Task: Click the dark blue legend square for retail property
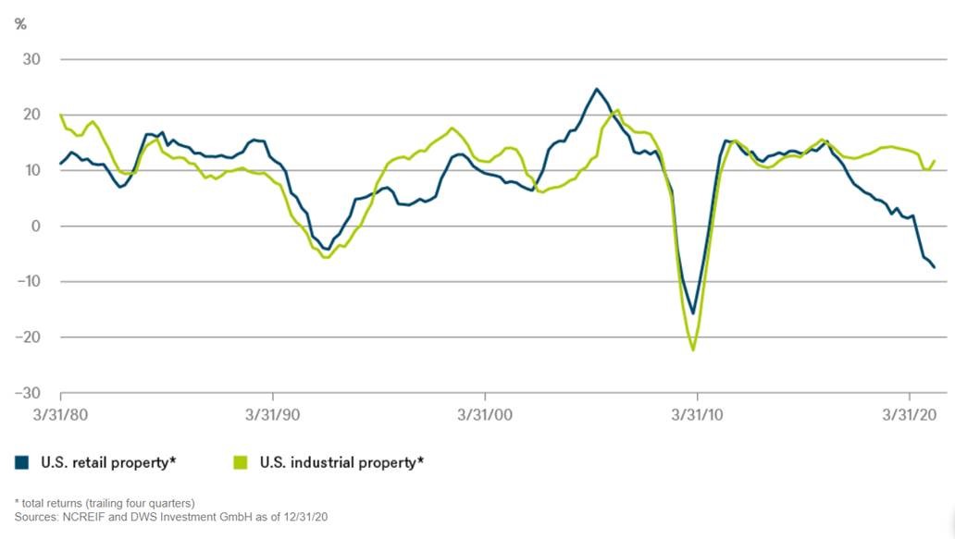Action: [x=22, y=460]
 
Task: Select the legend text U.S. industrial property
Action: [x=341, y=460]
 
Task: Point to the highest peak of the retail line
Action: [x=597, y=89]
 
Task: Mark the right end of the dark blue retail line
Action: [x=935, y=267]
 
